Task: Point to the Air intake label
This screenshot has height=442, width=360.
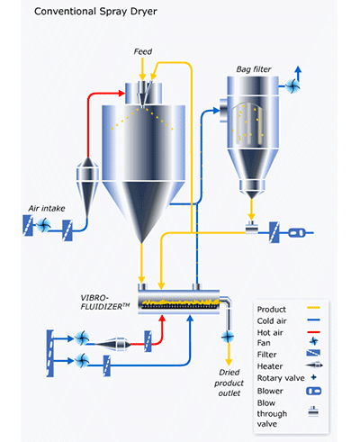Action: [45, 208]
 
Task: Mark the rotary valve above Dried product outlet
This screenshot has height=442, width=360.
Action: [223, 337]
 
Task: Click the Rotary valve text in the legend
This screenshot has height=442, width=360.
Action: [280, 379]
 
